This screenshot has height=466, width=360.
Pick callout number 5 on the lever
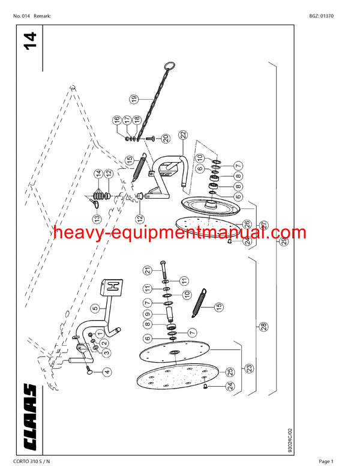click(x=94, y=309)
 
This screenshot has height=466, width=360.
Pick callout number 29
click(x=284, y=241)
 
